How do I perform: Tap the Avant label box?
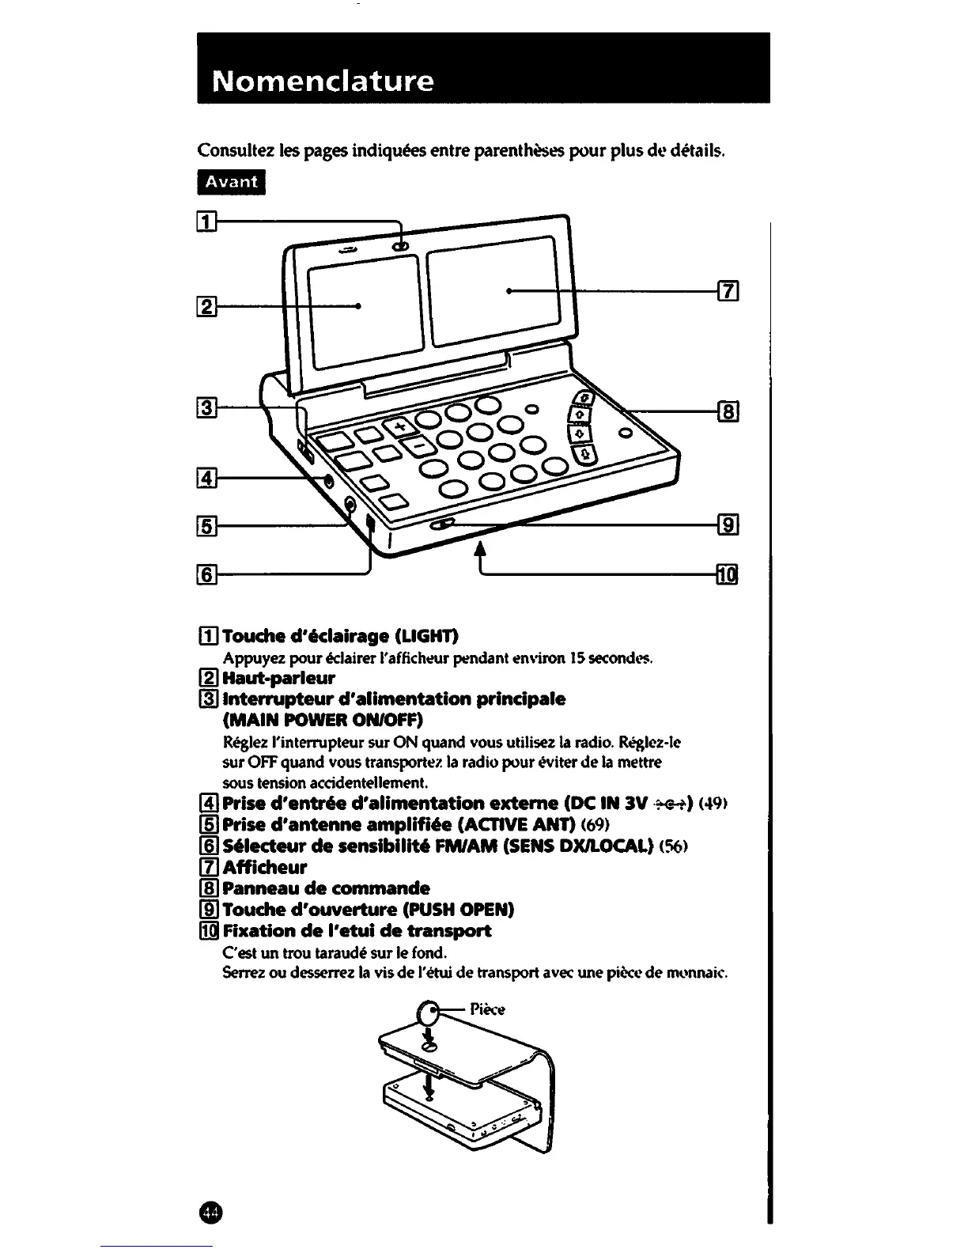(232, 181)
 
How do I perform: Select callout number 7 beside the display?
(728, 291)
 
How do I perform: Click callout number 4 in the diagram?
(206, 477)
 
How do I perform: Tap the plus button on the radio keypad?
(400, 426)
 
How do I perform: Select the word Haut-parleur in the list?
(279, 678)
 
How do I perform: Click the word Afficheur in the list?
(265, 867)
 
